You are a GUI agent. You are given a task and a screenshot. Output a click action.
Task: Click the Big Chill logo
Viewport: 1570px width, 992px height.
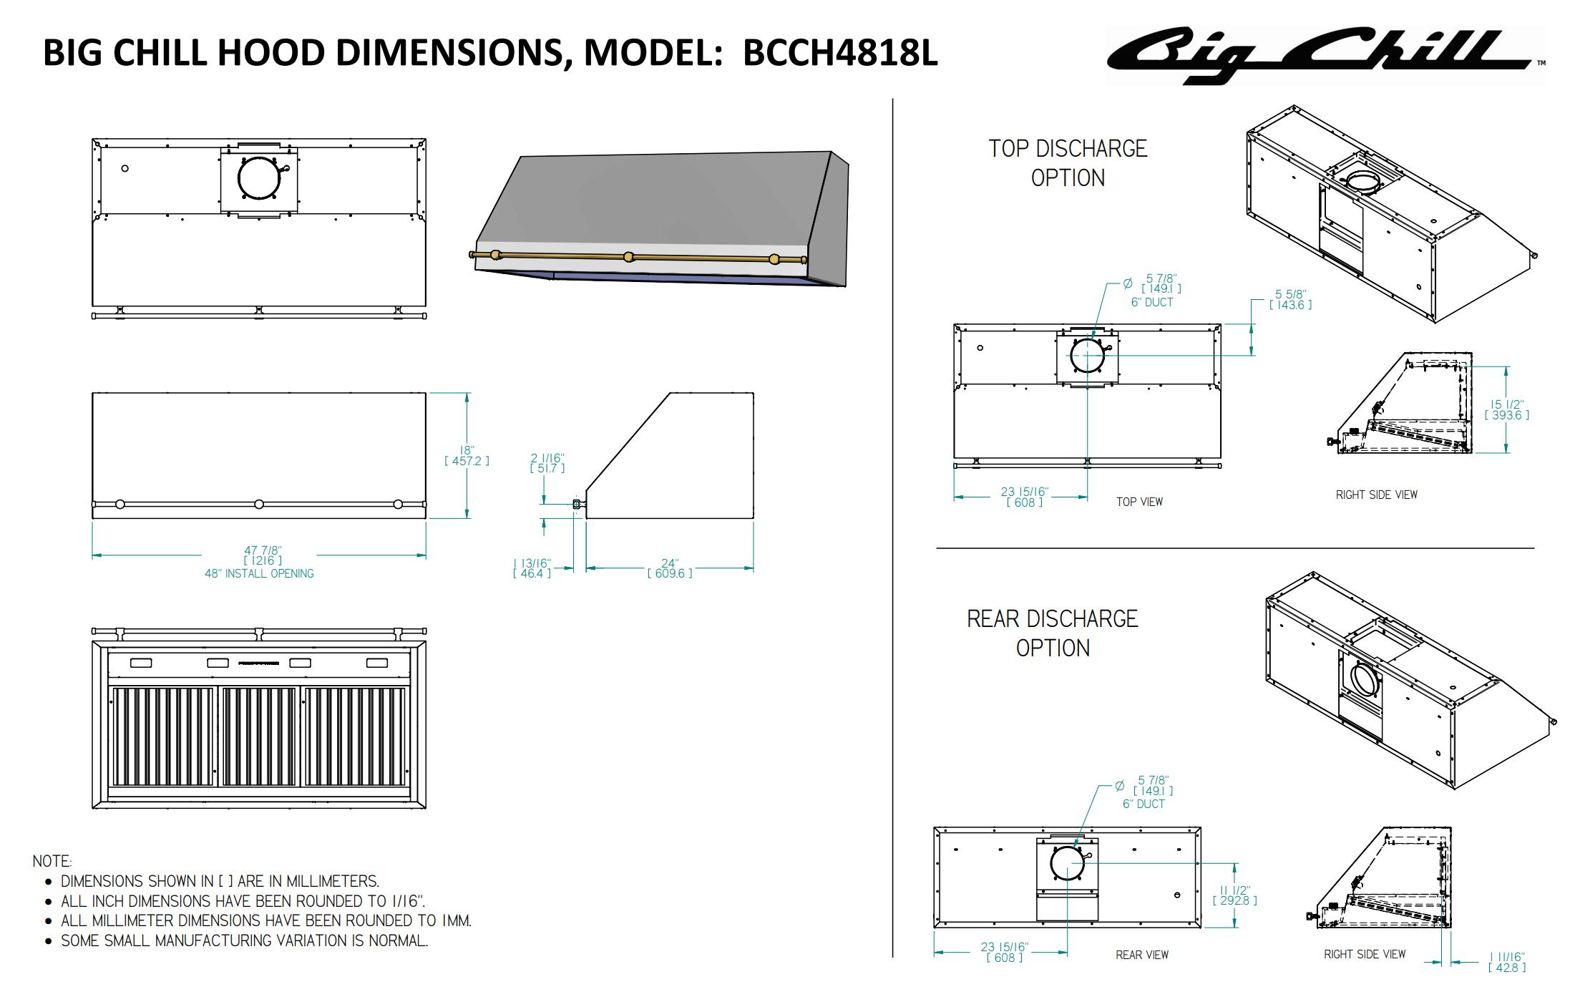point(1324,55)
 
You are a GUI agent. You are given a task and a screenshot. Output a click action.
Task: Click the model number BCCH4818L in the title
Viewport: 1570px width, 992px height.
point(840,53)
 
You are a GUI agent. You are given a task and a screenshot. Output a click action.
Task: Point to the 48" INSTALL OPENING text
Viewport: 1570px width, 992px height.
point(259,573)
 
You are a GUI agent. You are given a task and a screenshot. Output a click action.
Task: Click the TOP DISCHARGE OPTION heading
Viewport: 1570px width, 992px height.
point(1068,162)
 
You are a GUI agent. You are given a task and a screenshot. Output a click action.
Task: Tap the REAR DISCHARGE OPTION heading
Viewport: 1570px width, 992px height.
point(1052,633)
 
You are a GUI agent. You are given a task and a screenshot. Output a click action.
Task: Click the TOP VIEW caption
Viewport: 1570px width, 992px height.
point(1139,502)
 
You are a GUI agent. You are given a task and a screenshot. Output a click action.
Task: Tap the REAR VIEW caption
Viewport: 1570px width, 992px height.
point(1141,955)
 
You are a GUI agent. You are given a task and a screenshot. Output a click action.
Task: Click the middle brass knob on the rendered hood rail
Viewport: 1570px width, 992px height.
point(629,257)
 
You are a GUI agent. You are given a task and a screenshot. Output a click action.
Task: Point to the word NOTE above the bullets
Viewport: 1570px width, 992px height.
point(52,861)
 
